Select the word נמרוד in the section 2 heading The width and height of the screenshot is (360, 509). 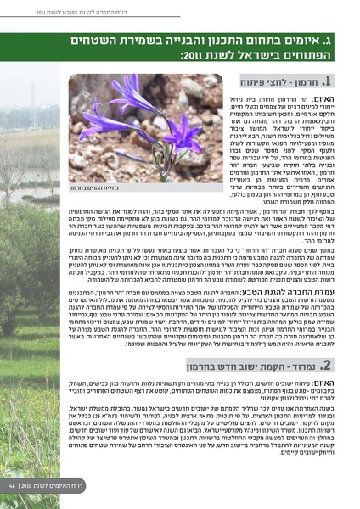pyautogui.click(x=299, y=366)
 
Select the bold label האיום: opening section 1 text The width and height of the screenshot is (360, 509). pyautogui.click(x=320, y=99)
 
